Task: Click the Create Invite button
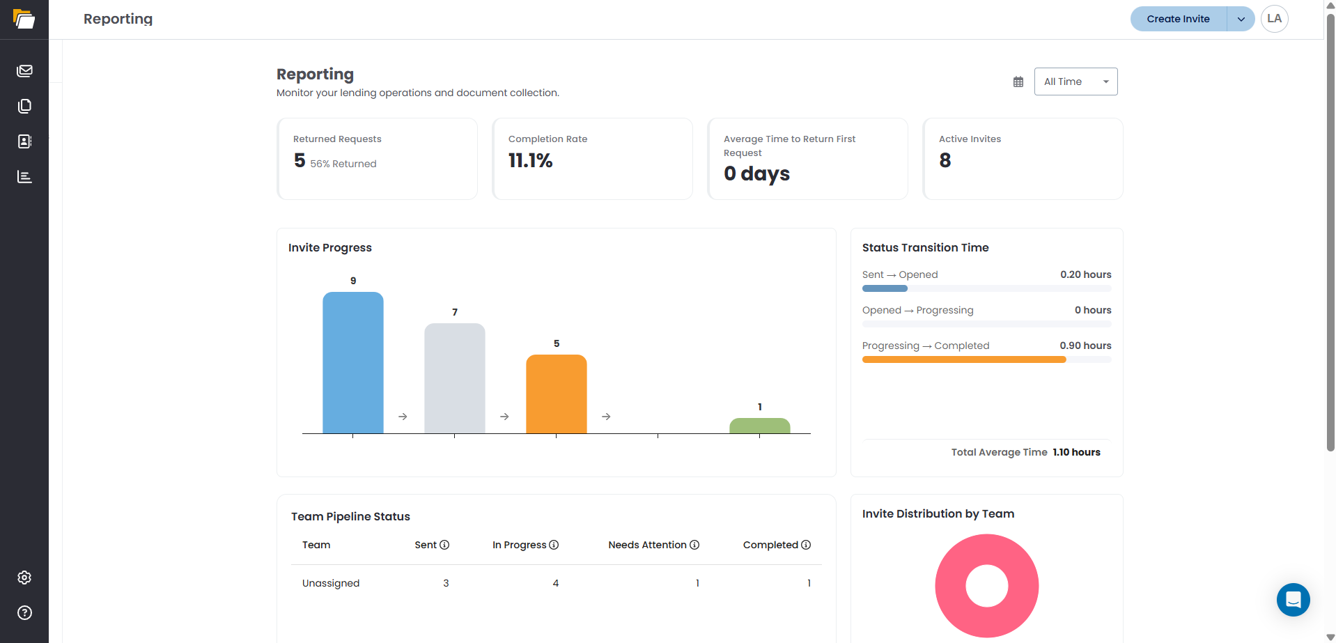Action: (1178, 19)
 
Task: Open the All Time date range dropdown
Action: (1075, 82)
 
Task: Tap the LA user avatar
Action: (1274, 19)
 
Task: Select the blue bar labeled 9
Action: (353, 362)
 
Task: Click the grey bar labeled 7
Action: (455, 378)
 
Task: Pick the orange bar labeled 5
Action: (557, 394)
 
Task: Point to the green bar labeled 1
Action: (760, 426)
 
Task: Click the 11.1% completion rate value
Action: (531, 161)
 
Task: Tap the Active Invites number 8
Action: (945, 160)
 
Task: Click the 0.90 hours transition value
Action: (1085, 346)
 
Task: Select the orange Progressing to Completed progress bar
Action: (964, 359)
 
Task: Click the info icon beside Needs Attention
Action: (694, 545)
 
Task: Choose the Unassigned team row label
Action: (331, 583)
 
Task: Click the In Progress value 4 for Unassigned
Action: (556, 583)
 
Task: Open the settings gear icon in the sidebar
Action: (24, 578)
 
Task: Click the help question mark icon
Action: (24, 612)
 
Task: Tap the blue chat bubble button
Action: (1294, 600)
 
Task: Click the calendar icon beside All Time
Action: (1018, 82)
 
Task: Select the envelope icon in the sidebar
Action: (24, 70)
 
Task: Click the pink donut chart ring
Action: (951, 586)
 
